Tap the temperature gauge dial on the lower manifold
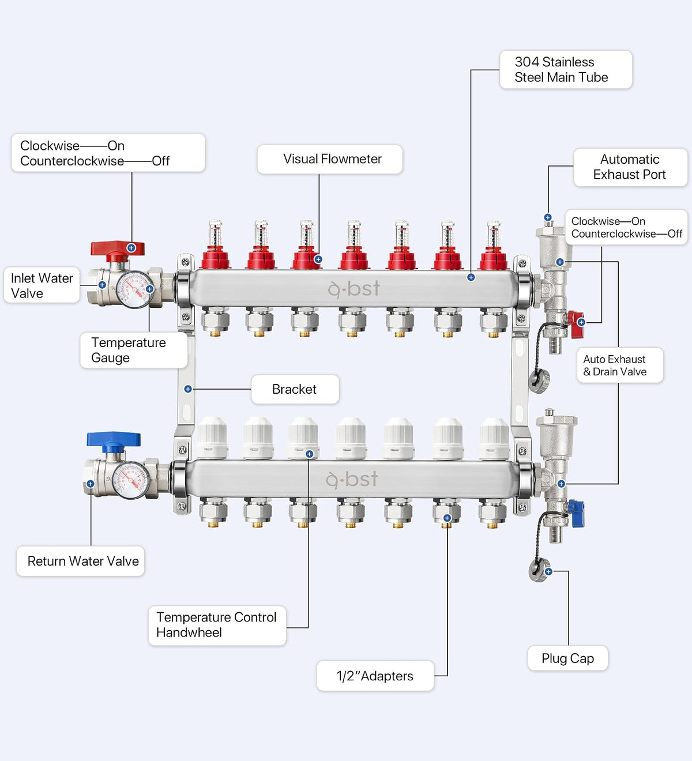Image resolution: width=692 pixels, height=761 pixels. pyautogui.click(x=131, y=480)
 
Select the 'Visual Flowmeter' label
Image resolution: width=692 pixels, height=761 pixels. pyautogui.click(x=330, y=159)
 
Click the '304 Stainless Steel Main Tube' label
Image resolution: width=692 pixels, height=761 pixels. pyautogui.click(x=566, y=70)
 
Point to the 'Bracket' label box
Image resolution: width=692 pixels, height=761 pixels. pyautogui.click(x=295, y=389)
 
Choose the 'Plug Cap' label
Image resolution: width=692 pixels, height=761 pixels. pyautogui.click(x=567, y=658)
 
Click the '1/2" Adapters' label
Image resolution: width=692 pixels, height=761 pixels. pyautogui.click(x=375, y=676)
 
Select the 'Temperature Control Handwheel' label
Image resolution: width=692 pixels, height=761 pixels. pyautogui.click(x=217, y=626)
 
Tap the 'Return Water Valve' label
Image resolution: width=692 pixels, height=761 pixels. pyautogui.click(x=81, y=561)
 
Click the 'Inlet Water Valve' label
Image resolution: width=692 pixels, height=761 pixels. pyautogui.click(x=42, y=285)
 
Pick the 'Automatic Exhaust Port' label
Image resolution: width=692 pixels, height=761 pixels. pyautogui.click(x=630, y=167)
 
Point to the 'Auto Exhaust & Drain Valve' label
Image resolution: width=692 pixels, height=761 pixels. pyautogui.click(x=620, y=366)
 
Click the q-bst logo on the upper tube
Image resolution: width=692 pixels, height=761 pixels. pyautogui.click(x=353, y=289)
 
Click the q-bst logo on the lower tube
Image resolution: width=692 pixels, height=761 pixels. pyautogui.click(x=352, y=480)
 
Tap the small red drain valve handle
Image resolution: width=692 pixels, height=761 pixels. pyautogui.click(x=576, y=324)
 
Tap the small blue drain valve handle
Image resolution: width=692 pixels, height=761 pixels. pyautogui.click(x=576, y=513)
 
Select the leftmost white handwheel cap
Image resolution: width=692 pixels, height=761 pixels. pyautogui.click(x=212, y=438)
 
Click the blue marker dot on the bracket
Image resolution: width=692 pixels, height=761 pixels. pyautogui.click(x=188, y=389)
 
